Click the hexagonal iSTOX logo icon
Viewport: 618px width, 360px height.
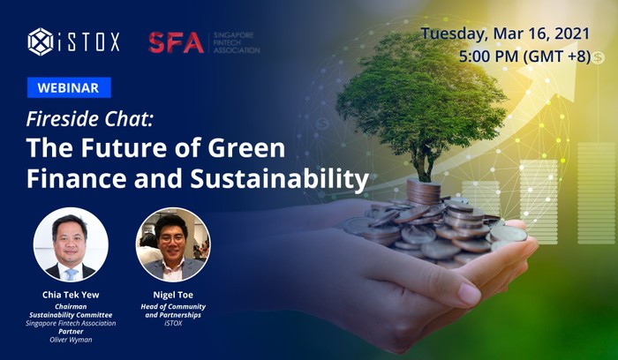pos(41,41)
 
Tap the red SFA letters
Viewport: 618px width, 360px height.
pos(177,42)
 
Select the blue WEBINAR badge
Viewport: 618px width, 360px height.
pos(69,87)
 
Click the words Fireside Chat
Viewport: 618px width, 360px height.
pos(89,119)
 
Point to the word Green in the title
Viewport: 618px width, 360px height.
pos(246,147)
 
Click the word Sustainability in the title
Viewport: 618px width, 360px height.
pos(280,179)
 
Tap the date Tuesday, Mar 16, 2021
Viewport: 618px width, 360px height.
pos(505,34)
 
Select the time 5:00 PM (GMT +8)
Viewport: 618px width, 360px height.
pos(524,56)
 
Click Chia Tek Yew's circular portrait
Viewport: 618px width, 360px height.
pos(71,244)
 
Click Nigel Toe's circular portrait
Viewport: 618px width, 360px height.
pos(173,244)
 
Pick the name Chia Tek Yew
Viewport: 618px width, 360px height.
pos(71,295)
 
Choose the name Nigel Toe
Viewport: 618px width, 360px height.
pos(173,295)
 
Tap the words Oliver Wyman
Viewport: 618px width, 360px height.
pos(71,340)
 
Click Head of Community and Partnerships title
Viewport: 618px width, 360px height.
pos(173,311)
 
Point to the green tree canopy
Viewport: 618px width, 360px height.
pos(421,94)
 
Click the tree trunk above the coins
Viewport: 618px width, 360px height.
pos(423,165)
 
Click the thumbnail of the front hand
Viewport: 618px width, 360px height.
pos(469,294)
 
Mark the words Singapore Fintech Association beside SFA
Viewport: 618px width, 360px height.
pos(237,42)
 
